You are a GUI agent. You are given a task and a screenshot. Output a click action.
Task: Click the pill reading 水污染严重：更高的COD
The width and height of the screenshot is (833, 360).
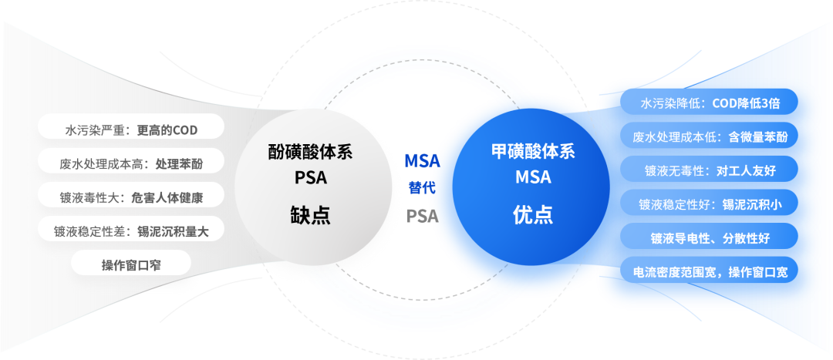[x=130, y=130]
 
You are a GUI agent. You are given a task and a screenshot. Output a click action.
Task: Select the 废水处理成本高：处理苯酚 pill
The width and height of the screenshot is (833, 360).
[x=130, y=164]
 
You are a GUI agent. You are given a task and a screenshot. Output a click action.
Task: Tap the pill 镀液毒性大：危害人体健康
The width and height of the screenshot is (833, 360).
[x=130, y=198]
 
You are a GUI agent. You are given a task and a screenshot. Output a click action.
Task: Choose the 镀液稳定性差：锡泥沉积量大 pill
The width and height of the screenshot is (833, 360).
[x=130, y=232]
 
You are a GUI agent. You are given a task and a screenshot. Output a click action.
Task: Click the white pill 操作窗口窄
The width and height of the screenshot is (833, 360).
[x=130, y=265]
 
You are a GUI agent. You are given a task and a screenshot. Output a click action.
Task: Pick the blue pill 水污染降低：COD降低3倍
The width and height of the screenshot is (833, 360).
[x=710, y=103]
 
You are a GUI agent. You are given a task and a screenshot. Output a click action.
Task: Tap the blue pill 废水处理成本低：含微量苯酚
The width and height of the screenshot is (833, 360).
[x=710, y=137]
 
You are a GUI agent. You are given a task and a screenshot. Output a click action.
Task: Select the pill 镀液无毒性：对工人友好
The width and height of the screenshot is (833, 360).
[x=710, y=170]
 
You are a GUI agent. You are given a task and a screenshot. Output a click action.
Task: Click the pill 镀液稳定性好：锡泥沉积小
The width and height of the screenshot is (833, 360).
[x=710, y=204]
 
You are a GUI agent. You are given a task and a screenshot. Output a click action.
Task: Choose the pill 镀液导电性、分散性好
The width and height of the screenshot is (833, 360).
[x=710, y=238]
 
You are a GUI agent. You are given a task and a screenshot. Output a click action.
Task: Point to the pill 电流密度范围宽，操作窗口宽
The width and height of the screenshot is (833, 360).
[x=710, y=272]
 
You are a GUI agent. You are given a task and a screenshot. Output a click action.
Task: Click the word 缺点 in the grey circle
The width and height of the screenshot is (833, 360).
[x=310, y=214]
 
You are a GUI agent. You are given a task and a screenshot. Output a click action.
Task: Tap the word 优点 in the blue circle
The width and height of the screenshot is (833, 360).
[x=533, y=214]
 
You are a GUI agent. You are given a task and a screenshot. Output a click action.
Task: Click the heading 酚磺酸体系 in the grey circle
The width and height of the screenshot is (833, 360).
[x=310, y=152]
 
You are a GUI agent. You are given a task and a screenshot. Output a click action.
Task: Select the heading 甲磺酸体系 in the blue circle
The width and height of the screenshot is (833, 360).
[x=533, y=152]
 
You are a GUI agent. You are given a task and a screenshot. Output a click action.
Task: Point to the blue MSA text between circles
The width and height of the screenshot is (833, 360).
[x=423, y=160]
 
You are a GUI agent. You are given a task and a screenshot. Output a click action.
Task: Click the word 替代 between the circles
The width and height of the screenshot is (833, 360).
[x=423, y=187]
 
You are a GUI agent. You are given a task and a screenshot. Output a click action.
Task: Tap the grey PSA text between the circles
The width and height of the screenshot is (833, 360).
[x=423, y=216]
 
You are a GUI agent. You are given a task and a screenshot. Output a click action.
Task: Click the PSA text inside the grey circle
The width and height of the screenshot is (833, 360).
[x=311, y=177]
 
